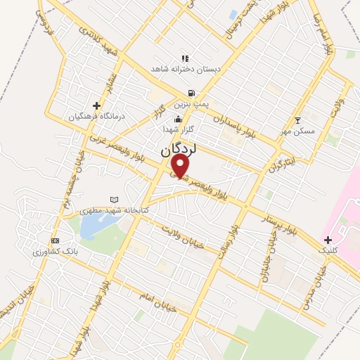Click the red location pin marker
[x=181, y=166]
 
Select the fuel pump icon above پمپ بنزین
[x=191, y=94]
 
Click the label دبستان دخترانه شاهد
[x=185, y=69]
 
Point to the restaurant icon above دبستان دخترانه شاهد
[x=185, y=58]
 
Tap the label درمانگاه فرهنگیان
[x=96, y=116]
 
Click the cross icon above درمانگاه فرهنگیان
[x=96, y=105]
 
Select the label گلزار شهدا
[x=178, y=129]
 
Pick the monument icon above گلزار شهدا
[x=178, y=119]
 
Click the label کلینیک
[x=328, y=250]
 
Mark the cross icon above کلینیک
[x=328, y=240]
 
